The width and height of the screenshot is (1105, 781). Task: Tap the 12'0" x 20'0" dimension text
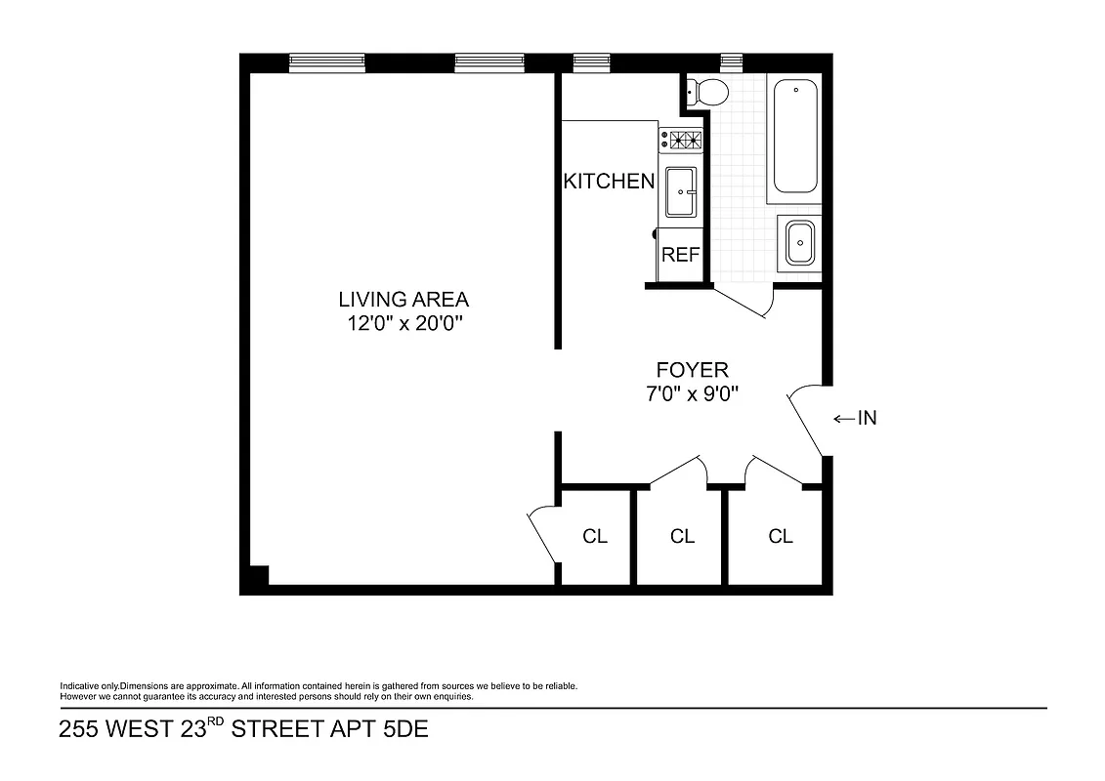[x=403, y=323]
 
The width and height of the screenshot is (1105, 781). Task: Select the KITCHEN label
[x=609, y=181]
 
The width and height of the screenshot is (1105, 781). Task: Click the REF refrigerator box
[x=681, y=255]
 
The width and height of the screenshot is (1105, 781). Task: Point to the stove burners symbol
[x=682, y=141]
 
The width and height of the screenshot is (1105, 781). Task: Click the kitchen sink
[x=680, y=191]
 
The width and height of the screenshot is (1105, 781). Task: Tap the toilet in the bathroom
[x=708, y=93]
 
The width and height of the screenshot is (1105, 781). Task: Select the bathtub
[x=795, y=137]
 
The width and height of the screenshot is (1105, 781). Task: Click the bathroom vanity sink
[x=799, y=242]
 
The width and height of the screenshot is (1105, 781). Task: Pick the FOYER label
[x=692, y=370]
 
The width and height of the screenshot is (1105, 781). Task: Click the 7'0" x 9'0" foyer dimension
[x=692, y=394]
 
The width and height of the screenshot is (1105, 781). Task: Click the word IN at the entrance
[x=868, y=419]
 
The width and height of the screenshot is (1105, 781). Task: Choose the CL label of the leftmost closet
[x=594, y=536]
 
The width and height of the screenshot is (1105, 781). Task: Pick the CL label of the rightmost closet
[x=780, y=536]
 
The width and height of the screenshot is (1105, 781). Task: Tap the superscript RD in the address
[x=216, y=723]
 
